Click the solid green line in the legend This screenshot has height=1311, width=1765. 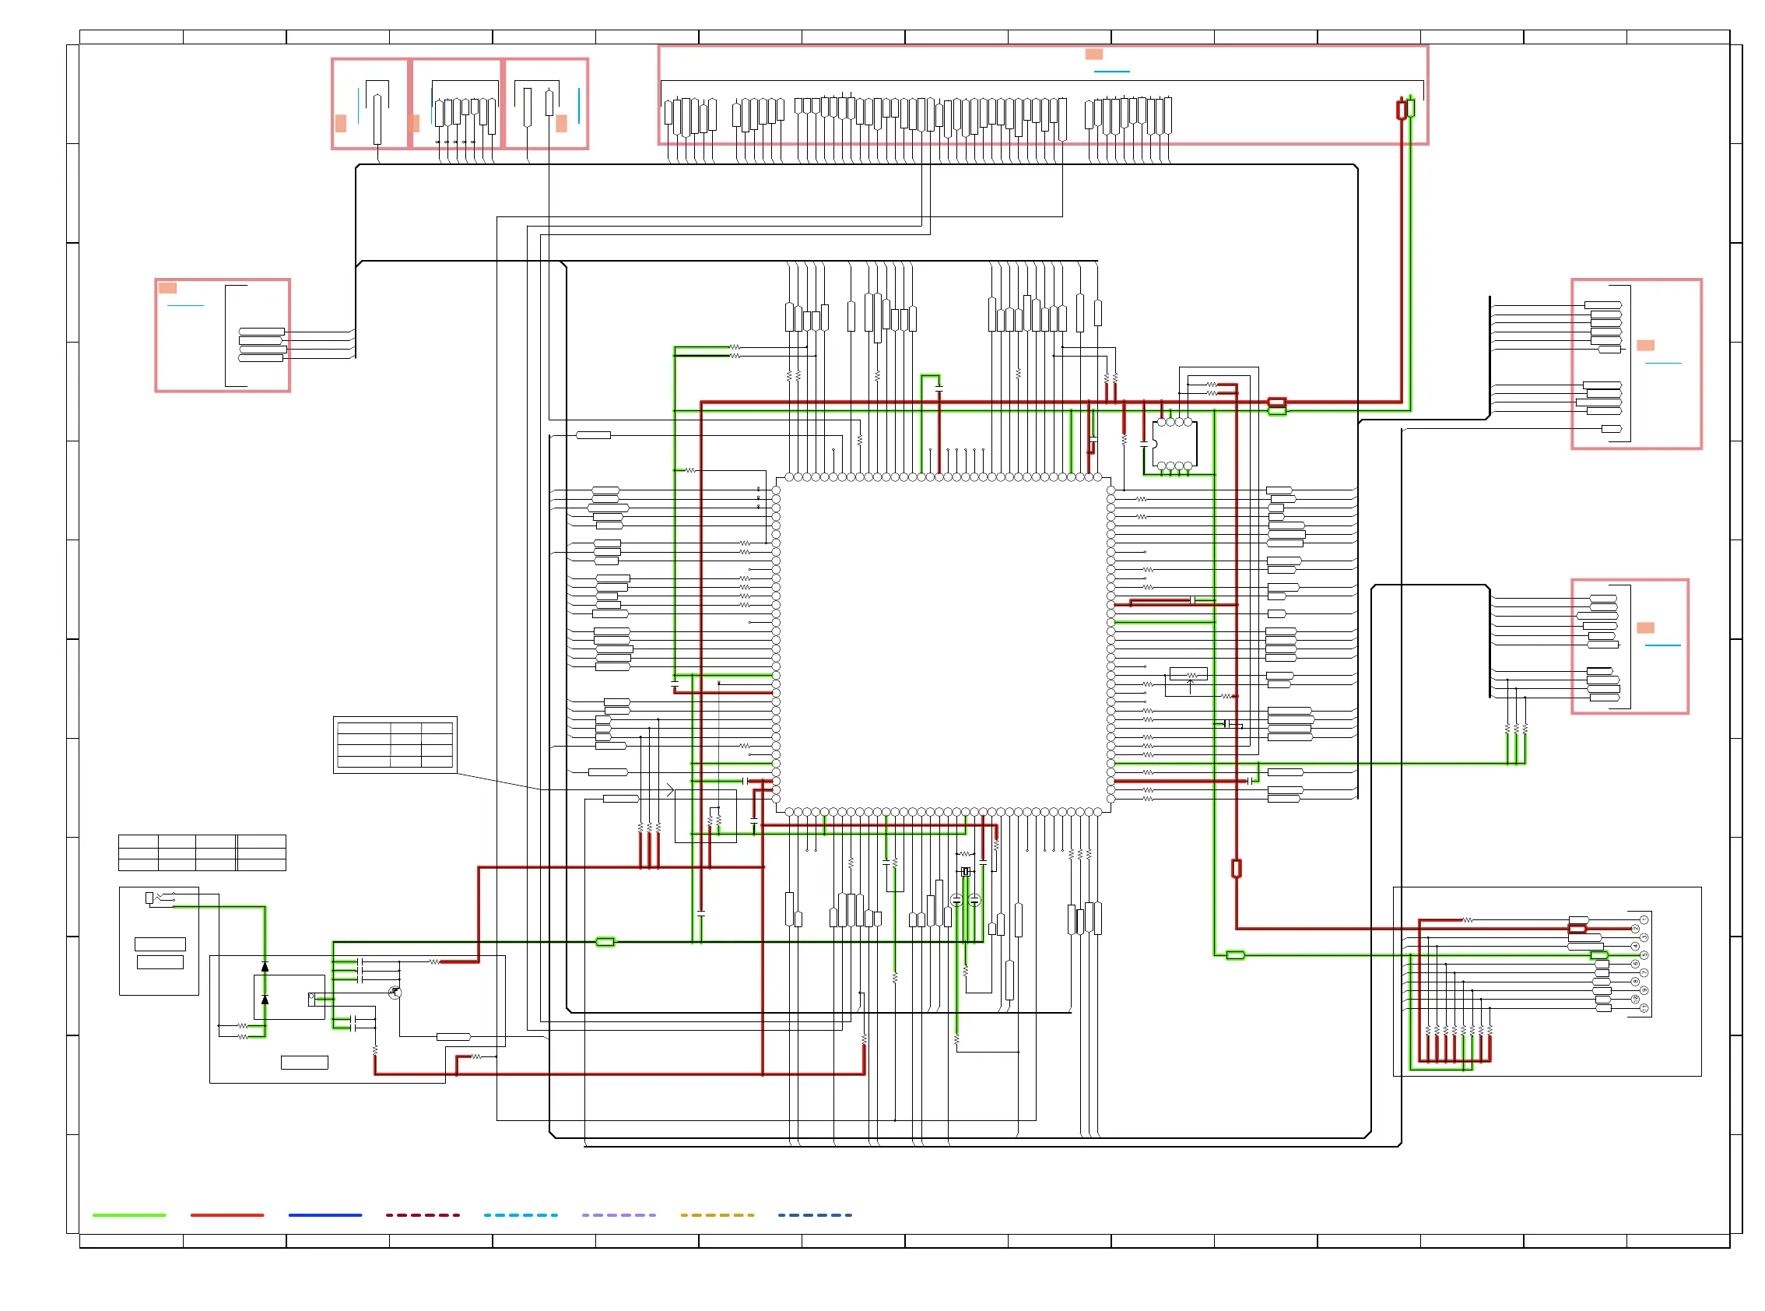(128, 1215)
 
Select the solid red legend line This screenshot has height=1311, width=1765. (227, 1215)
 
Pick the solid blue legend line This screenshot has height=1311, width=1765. (325, 1215)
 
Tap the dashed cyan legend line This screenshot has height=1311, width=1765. (521, 1215)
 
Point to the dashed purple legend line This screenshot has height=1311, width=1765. (619, 1215)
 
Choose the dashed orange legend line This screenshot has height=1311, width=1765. (717, 1215)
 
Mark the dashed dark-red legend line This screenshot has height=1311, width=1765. (423, 1215)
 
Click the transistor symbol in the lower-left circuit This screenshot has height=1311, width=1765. (395, 993)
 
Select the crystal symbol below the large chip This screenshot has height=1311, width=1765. (966, 872)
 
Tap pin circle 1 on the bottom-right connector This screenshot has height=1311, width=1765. (1644, 919)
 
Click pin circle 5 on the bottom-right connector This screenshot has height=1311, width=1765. (1644, 955)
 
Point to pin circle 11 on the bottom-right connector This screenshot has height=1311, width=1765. (1644, 1008)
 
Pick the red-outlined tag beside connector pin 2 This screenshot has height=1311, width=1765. (1577, 929)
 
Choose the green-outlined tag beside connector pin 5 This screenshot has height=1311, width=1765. (1599, 955)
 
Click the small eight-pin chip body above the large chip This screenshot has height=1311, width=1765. (1176, 445)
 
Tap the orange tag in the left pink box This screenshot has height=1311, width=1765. (167, 288)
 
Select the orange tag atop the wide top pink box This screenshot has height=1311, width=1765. (1094, 54)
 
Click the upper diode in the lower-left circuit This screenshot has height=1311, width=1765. (265, 967)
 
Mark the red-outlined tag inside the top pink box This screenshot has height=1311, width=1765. (1402, 110)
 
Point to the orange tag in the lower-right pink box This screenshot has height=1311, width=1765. (1645, 627)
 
